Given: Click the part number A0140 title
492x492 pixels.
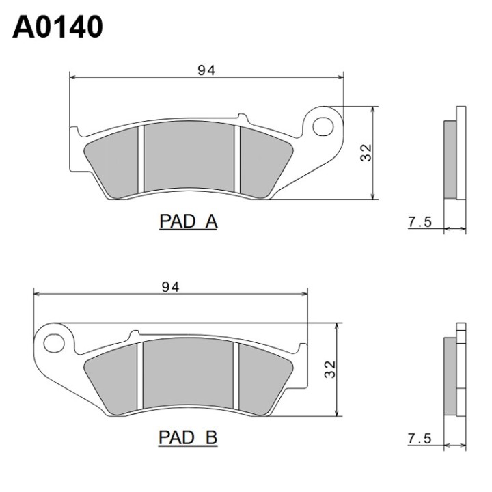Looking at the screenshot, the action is (x=57, y=27).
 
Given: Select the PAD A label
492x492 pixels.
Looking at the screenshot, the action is (x=189, y=221).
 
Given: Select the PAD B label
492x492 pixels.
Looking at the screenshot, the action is (x=188, y=437).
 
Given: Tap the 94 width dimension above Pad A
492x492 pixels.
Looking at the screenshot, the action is (x=206, y=70).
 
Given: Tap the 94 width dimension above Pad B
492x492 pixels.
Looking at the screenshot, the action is (x=170, y=287).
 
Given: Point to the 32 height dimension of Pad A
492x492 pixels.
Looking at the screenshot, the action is (x=366, y=153).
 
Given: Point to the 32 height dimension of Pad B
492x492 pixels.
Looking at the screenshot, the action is (x=330, y=369).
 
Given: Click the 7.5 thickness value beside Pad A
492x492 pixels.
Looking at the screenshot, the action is (x=420, y=222).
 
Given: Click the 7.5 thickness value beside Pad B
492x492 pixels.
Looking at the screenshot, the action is (x=420, y=439).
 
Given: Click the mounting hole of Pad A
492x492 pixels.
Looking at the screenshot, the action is (x=323, y=126).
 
